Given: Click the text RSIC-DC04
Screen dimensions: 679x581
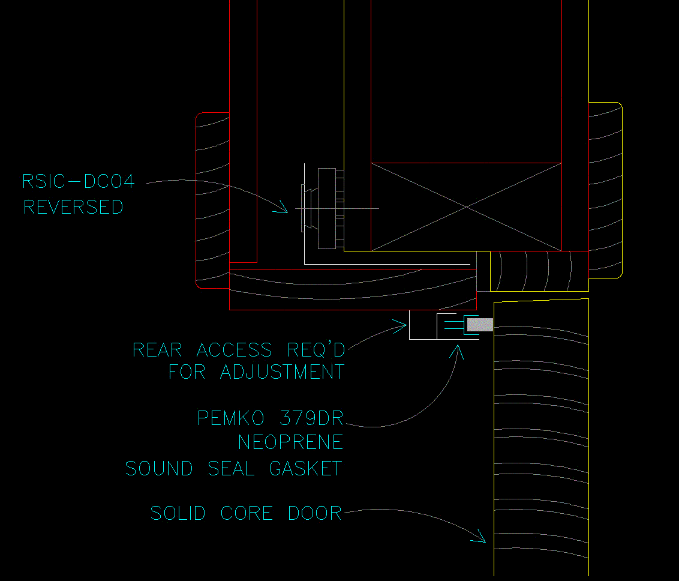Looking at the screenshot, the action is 79,181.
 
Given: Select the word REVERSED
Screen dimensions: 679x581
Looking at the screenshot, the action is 73,207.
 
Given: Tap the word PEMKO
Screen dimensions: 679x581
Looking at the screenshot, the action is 230,418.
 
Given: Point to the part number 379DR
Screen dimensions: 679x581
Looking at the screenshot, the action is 311,418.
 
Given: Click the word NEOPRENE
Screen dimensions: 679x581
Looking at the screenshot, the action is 290,442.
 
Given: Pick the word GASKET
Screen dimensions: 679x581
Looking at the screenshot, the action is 306,468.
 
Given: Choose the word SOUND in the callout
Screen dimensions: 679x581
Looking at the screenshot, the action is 159,468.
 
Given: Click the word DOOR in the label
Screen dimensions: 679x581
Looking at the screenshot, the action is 315,513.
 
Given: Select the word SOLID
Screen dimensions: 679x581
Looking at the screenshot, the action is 178,513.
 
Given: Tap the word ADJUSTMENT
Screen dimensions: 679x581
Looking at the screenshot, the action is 283,372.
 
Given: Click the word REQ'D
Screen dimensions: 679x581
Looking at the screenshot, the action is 316,350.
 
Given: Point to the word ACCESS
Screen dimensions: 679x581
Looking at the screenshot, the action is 235,350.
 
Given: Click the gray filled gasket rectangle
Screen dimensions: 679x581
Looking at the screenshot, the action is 480,325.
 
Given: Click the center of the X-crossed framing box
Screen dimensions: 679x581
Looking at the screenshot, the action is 467,207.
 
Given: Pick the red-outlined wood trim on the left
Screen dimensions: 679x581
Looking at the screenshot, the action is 212,200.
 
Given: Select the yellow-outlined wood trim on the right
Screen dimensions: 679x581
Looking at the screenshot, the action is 605,190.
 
